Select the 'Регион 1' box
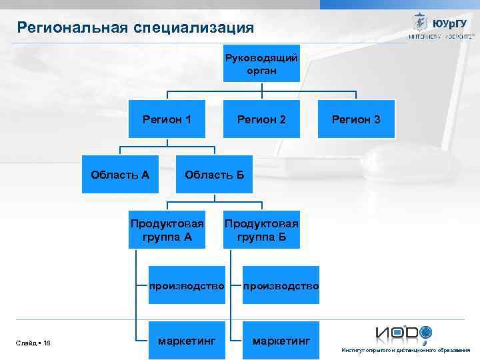[167, 119]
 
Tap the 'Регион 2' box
[261, 119]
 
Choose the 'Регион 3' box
[356, 119]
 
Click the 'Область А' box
[120, 175]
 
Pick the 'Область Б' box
[214, 175]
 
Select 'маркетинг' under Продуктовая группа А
[186, 341]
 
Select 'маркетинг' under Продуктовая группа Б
[281, 341]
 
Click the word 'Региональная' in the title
[73, 28]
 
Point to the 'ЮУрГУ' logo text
[449, 23]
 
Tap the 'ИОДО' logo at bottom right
[404, 333]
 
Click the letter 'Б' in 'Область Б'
[240, 175]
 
